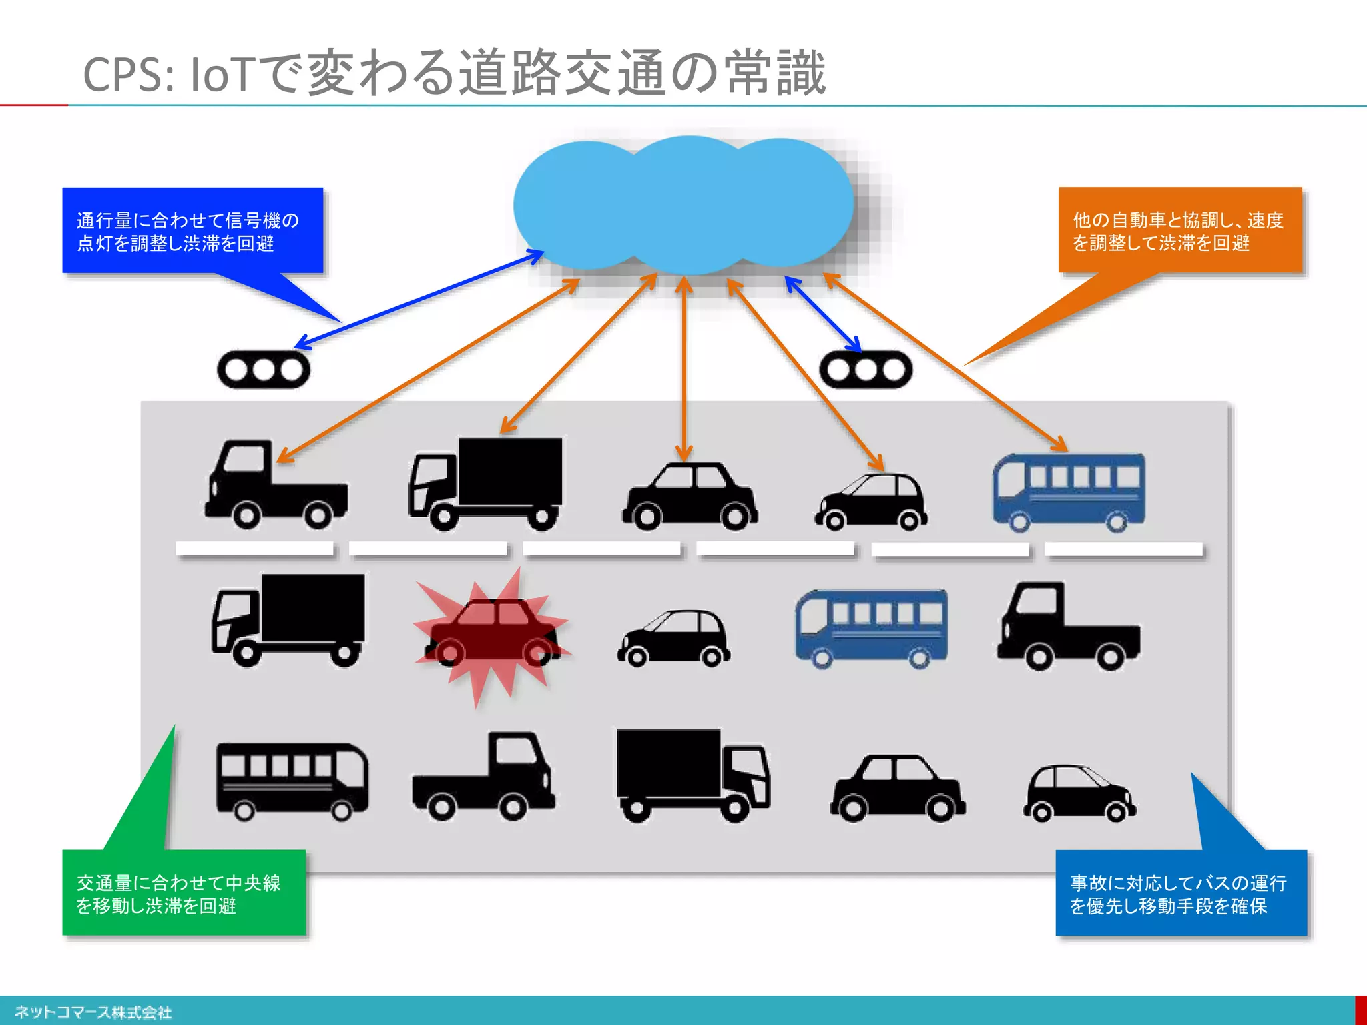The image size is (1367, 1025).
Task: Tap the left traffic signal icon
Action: [x=264, y=370]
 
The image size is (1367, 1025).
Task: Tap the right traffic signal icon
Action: [x=866, y=370]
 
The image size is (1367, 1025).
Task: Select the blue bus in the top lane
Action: [x=1069, y=492]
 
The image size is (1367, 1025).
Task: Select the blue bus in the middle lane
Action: [x=871, y=627]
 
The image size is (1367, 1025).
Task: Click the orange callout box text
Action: [x=1178, y=231]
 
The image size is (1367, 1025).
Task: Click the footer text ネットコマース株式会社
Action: [x=93, y=1012]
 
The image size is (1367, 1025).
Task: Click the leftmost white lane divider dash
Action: [x=254, y=549]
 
